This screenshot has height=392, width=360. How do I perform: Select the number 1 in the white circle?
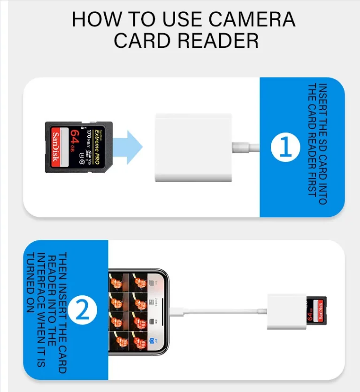click(x=285, y=147)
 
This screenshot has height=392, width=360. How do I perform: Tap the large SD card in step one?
click(x=79, y=147)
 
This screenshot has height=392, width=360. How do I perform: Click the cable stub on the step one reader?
click(x=245, y=147)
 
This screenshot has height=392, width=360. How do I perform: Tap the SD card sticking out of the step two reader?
click(x=316, y=310)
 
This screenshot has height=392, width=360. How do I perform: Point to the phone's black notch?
click(x=165, y=310)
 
